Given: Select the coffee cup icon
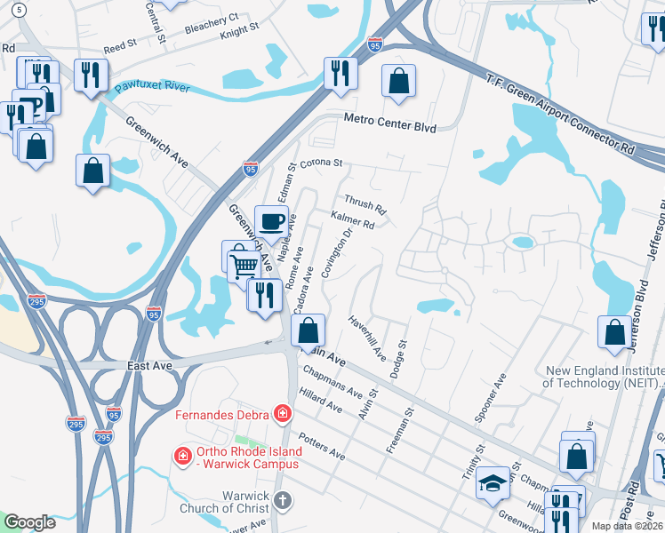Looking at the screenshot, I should click(x=271, y=221).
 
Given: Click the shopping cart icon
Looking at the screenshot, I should click(x=244, y=263).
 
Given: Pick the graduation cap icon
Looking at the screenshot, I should click(x=493, y=483).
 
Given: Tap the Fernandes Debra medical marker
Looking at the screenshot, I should click(x=282, y=413).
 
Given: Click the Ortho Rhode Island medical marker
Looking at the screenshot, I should click(x=183, y=456).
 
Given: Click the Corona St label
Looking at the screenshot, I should click(x=321, y=163).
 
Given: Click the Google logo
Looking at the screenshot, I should click(x=29, y=521).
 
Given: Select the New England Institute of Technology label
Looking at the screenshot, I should click(x=604, y=377).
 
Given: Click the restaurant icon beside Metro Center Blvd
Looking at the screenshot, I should click(x=340, y=74).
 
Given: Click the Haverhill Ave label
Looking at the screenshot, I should click(x=366, y=338).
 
